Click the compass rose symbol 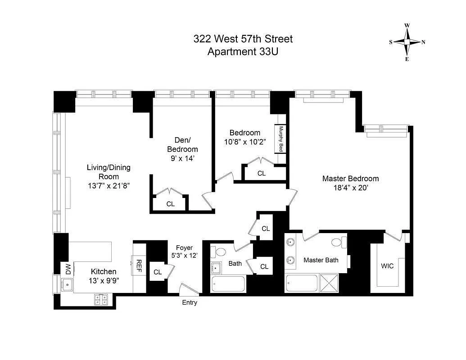tap(407, 42)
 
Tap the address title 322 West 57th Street tap(243, 39)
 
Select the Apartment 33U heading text tap(243, 51)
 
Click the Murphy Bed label tap(281, 139)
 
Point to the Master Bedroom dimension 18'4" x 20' tap(350, 189)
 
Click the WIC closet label tap(387, 266)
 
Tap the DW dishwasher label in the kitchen tap(68, 270)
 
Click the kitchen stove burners tap(101, 299)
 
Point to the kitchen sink tap(67, 284)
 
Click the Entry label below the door tap(190, 303)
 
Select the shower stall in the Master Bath tap(332, 283)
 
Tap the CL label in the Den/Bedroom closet tap(170, 204)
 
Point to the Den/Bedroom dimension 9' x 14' tap(182, 158)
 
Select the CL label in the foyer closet tap(158, 272)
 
